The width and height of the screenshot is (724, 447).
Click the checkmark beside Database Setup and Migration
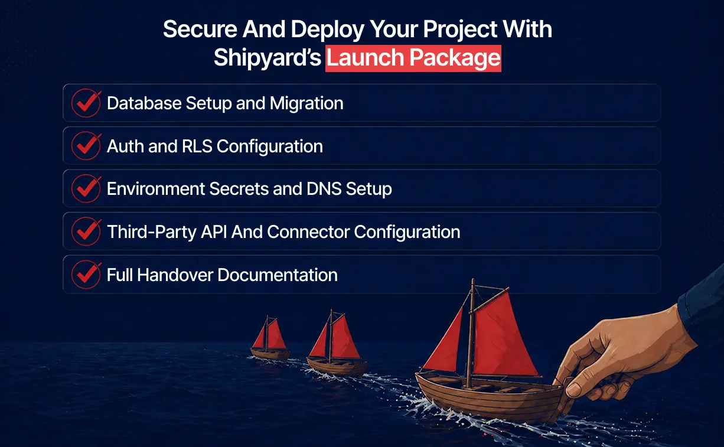86,103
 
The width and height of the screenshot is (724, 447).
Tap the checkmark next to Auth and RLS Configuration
86,146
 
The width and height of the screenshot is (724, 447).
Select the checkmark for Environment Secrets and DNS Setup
86,189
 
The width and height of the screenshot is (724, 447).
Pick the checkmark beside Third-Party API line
86,232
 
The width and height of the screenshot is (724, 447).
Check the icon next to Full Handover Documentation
86,275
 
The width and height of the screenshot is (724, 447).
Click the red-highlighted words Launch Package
413,58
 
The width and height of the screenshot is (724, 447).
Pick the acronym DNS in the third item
321,189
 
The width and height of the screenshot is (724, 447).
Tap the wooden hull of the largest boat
484,399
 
